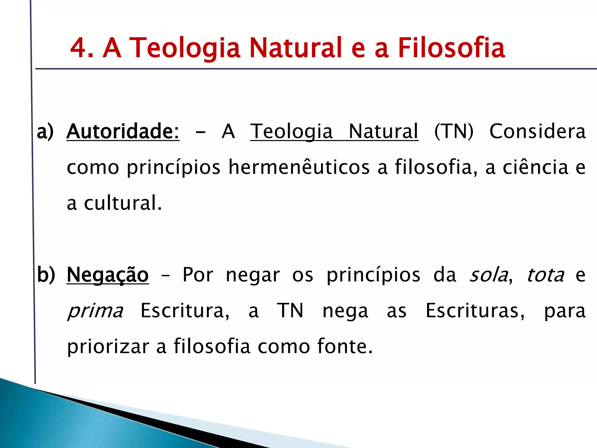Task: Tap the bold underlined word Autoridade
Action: [123, 131]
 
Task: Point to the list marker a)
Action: [45, 131]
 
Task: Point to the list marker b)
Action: [46, 275]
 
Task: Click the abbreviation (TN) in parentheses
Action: [454, 131]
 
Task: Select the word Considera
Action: [537, 131]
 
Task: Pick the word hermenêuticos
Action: [299, 167]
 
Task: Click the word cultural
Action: [122, 203]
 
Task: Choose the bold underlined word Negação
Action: [108, 275]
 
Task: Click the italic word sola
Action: [488, 275]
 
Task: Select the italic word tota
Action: [545, 275]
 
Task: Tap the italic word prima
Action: [95, 311]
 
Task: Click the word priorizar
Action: [108, 346]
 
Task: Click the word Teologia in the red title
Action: [185, 48]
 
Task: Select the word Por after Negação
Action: [198, 275]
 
